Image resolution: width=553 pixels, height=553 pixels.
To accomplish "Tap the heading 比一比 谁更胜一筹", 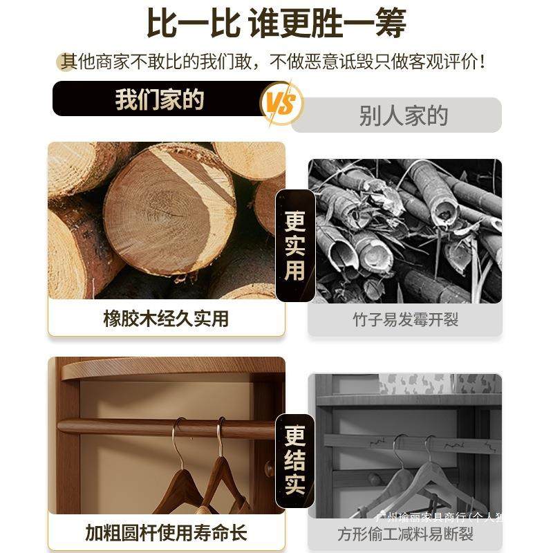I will click(x=276, y=24).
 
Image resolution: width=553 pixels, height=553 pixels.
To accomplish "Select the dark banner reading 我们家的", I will click(x=159, y=100).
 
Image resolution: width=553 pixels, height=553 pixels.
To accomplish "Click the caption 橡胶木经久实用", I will click(x=165, y=319).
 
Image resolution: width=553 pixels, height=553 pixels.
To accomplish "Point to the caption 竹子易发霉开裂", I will click(x=404, y=319).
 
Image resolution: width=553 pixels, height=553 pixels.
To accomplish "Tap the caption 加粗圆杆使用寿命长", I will click(x=166, y=533).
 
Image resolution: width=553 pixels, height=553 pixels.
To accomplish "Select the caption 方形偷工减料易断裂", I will click(x=404, y=534).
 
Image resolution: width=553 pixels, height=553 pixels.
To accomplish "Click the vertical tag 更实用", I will click(x=295, y=245).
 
